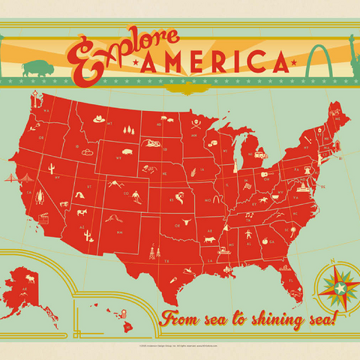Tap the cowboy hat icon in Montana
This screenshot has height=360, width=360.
(96, 118)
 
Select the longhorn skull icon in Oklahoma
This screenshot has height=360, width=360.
(180, 222)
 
